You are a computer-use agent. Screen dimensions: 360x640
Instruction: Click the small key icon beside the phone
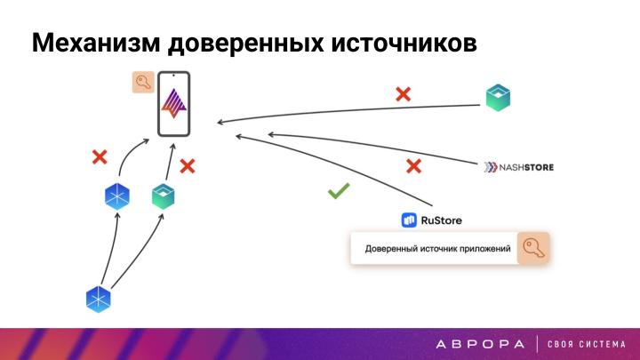pos(142,83)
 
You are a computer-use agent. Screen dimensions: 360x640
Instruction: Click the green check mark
pos(338,191)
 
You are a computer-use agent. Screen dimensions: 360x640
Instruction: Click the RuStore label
pos(442,220)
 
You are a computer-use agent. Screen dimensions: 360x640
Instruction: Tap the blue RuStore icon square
pos(410,220)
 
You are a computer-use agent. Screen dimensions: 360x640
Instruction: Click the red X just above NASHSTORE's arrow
pos(413,165)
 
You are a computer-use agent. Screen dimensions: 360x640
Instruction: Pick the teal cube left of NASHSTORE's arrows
pos(498,97)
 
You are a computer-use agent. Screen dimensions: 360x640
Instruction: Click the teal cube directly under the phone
pos(163,195)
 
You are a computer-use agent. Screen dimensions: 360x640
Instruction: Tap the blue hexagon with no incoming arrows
pos(98,300)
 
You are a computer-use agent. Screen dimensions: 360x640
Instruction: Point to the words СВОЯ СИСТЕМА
pos(587,344)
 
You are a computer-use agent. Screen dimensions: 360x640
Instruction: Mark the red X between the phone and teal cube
pos(188,165)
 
